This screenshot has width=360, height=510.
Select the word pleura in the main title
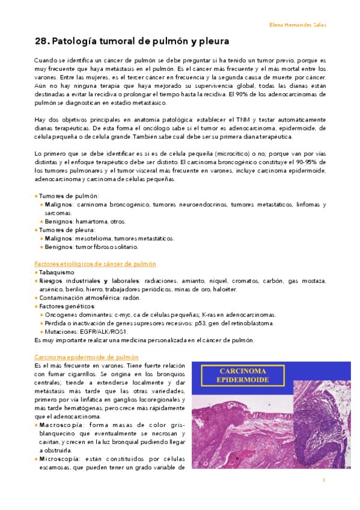pyautogui.click(x=211, y=42)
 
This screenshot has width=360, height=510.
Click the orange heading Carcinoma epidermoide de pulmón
pyautogui.click(x=87, y=357)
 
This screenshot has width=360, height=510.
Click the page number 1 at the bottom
pyautogui.click(x=323, y=480)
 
